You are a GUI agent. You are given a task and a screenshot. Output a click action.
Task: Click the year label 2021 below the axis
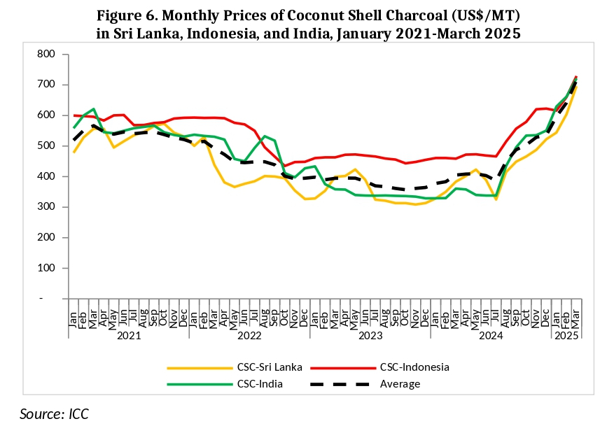point(129,336)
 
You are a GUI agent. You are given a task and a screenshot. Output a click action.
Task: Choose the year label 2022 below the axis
point(249,336)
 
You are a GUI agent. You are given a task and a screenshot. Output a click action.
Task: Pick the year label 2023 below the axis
point(370,336)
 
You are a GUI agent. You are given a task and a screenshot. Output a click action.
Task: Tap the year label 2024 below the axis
point(491,336)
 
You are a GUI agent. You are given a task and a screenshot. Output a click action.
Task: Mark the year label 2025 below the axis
point(566,336)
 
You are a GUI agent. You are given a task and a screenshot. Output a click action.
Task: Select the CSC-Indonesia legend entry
point(414,367)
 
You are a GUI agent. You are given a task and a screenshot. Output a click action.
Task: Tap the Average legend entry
point(400,383)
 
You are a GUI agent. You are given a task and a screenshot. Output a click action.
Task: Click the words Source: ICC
point(54,413)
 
